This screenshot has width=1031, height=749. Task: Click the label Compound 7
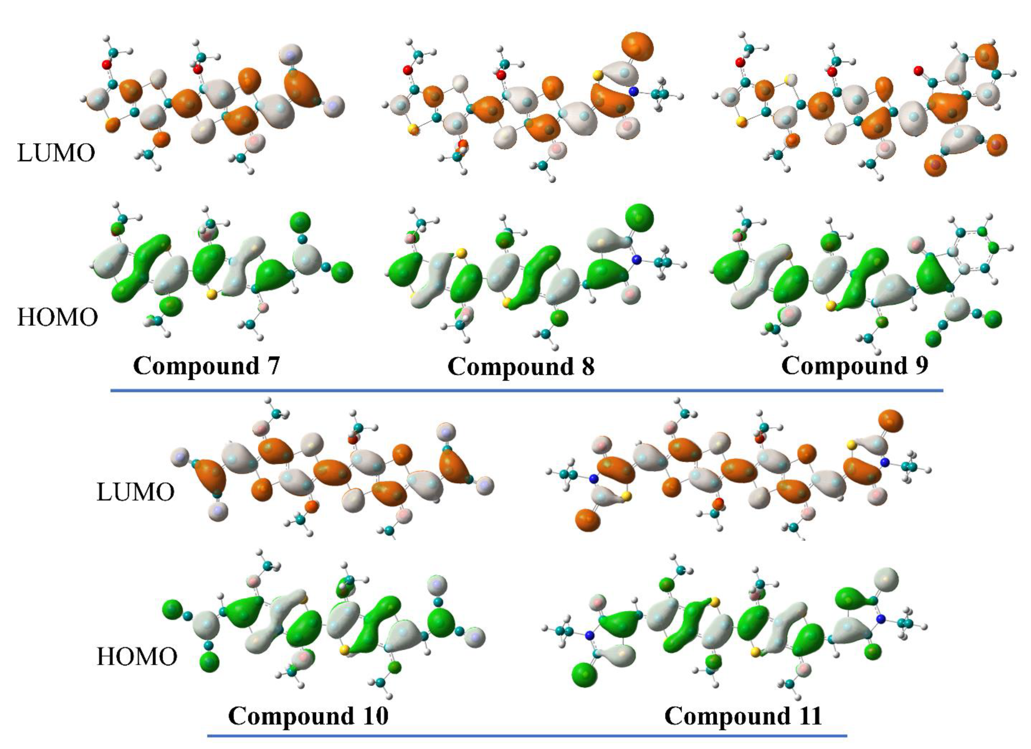click(206, 366)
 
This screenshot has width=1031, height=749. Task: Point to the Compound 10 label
click(308, 716)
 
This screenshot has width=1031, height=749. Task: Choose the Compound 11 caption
click(743, 716)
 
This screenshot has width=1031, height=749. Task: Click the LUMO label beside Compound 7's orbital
click(56, 153)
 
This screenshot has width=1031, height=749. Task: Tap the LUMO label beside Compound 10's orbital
click(135, 492)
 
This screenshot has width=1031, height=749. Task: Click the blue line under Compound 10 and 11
click(527, 735)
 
